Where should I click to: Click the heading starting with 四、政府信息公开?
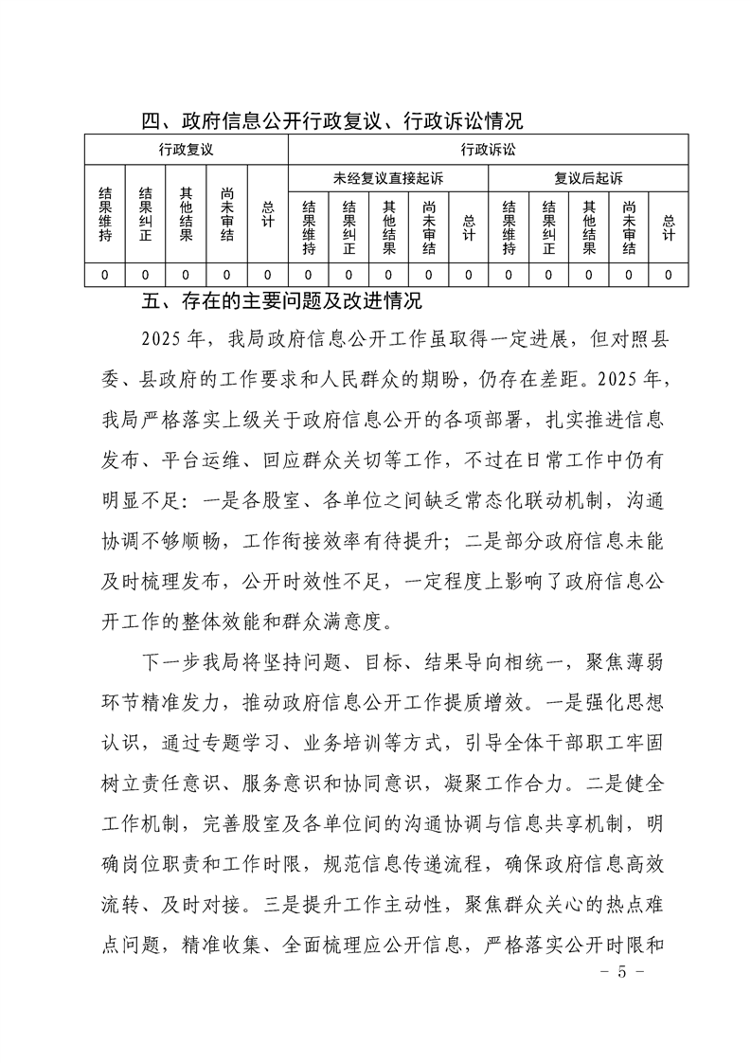click(331, 121)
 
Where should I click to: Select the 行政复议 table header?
click(186, 150)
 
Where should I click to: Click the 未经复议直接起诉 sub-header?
click(388, 178)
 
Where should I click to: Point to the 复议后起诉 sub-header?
click(588, 178)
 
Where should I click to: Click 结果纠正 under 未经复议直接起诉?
click(349, 228)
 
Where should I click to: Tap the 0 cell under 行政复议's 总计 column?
click(268, 275)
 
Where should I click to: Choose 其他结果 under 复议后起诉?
click(589, 228)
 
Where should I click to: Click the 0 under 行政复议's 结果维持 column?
click(105, 275)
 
